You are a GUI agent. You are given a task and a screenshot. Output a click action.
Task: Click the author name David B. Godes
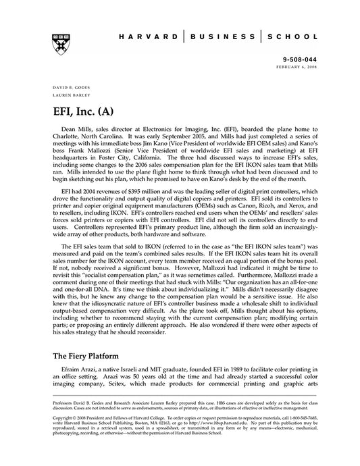coord(68,88)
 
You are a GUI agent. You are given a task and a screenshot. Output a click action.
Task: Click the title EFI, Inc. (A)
coord(85,110)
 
